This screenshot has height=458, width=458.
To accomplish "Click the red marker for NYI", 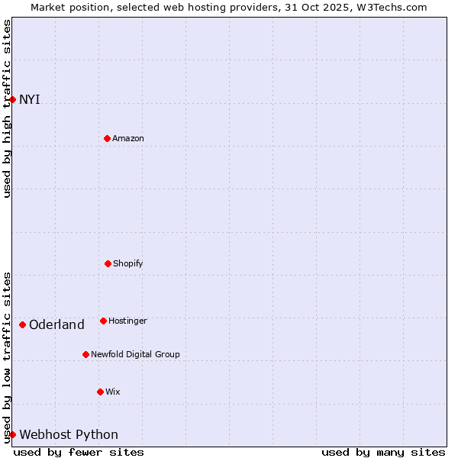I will coord(12,99).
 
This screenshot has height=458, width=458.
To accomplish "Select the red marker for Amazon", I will coord(107,138).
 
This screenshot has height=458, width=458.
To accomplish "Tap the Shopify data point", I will coord(108,263).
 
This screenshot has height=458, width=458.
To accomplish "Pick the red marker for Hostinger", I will coord(103,321).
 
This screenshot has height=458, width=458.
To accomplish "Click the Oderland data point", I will coord(22,324).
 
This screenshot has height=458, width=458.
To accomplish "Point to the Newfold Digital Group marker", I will coord(85,354).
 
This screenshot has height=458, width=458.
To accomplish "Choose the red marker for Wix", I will coord(100,392).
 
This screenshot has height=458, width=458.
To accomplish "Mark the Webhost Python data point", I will coord(12,434).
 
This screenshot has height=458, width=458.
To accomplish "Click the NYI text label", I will coord(30,99).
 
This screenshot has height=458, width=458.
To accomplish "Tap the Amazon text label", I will coord(128,138).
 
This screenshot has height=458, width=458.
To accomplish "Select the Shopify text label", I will coord(128,263).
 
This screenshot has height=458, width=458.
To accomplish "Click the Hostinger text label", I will coord(127,321).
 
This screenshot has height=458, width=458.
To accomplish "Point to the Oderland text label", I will coord(56,324).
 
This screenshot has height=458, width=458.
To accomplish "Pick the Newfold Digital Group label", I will coord(135,354).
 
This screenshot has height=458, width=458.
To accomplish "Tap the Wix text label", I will coord(113,392).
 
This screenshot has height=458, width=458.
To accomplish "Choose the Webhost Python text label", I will coord(69,434).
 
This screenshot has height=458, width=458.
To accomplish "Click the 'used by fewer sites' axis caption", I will coord(79,452).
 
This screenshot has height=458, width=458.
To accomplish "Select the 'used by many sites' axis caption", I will coord(383,452).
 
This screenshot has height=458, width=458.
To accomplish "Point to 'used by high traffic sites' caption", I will coord(7,108).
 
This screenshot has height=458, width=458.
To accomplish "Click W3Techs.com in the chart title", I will coord(390,7).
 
